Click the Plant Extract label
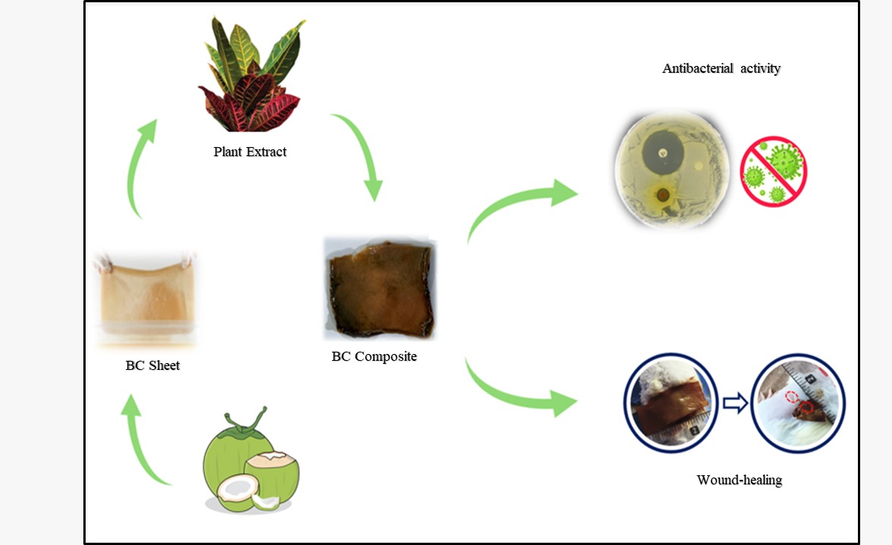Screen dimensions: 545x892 [250, 152]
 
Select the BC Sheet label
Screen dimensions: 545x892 [152, 365]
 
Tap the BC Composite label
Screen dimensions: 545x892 [374, 356]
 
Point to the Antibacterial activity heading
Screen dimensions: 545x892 [721, 68]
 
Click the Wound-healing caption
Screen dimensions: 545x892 [739, 480]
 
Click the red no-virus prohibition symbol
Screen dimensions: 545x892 [773, 171]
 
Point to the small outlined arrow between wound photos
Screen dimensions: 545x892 [735, 404]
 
